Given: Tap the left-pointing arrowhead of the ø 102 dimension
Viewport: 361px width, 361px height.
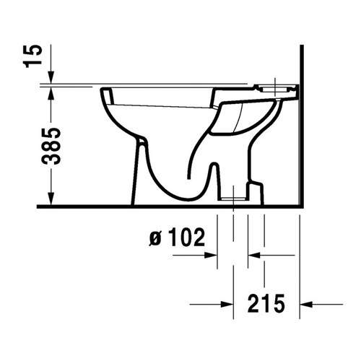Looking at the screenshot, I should (253, 254).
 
